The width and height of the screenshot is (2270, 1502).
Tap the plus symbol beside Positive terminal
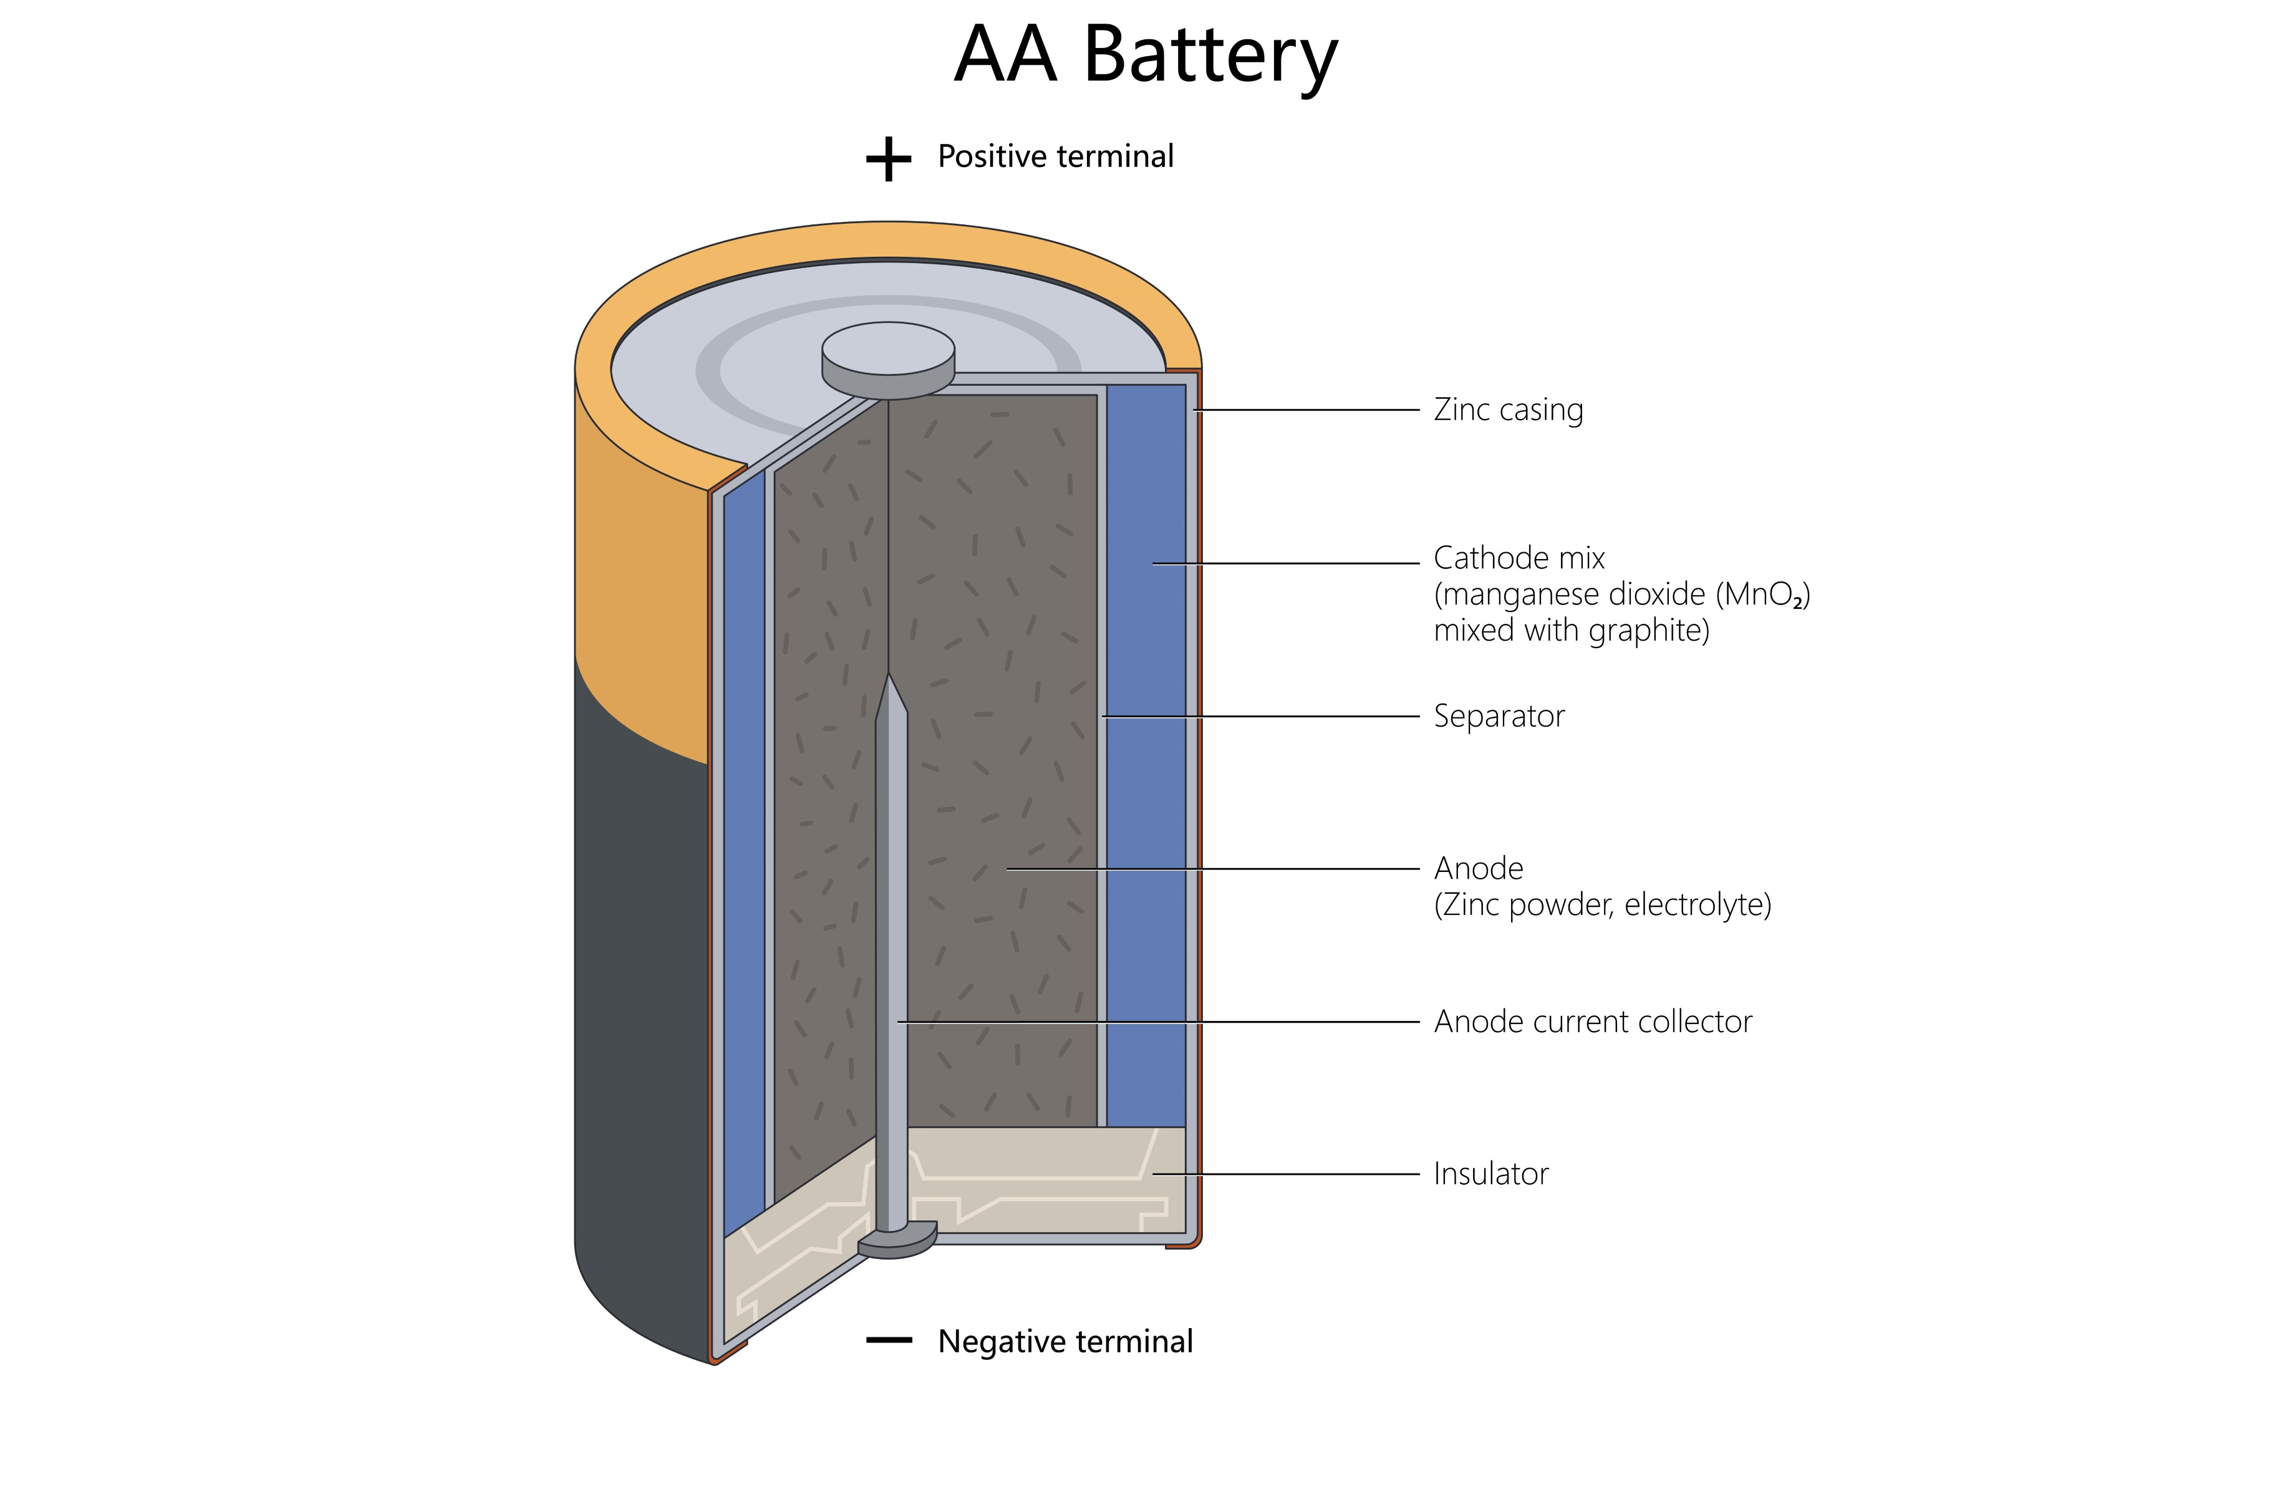(888, 158)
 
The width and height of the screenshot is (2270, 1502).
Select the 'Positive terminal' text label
(1055, 156)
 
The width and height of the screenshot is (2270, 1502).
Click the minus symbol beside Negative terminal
(888, 1340)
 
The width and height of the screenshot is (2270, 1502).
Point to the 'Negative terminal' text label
(1065, 1341)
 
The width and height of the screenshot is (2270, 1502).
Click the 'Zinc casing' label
(1507, 410)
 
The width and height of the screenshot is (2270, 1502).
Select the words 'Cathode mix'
(1518, 558)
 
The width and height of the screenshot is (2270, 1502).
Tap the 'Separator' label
(1498, 715)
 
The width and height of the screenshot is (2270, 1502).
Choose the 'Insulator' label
(1490, 1174)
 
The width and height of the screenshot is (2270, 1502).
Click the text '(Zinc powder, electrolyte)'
(1601, 904)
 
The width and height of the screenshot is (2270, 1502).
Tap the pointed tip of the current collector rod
(889, 682)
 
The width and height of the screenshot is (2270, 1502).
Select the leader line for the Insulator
(1284, 1174)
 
